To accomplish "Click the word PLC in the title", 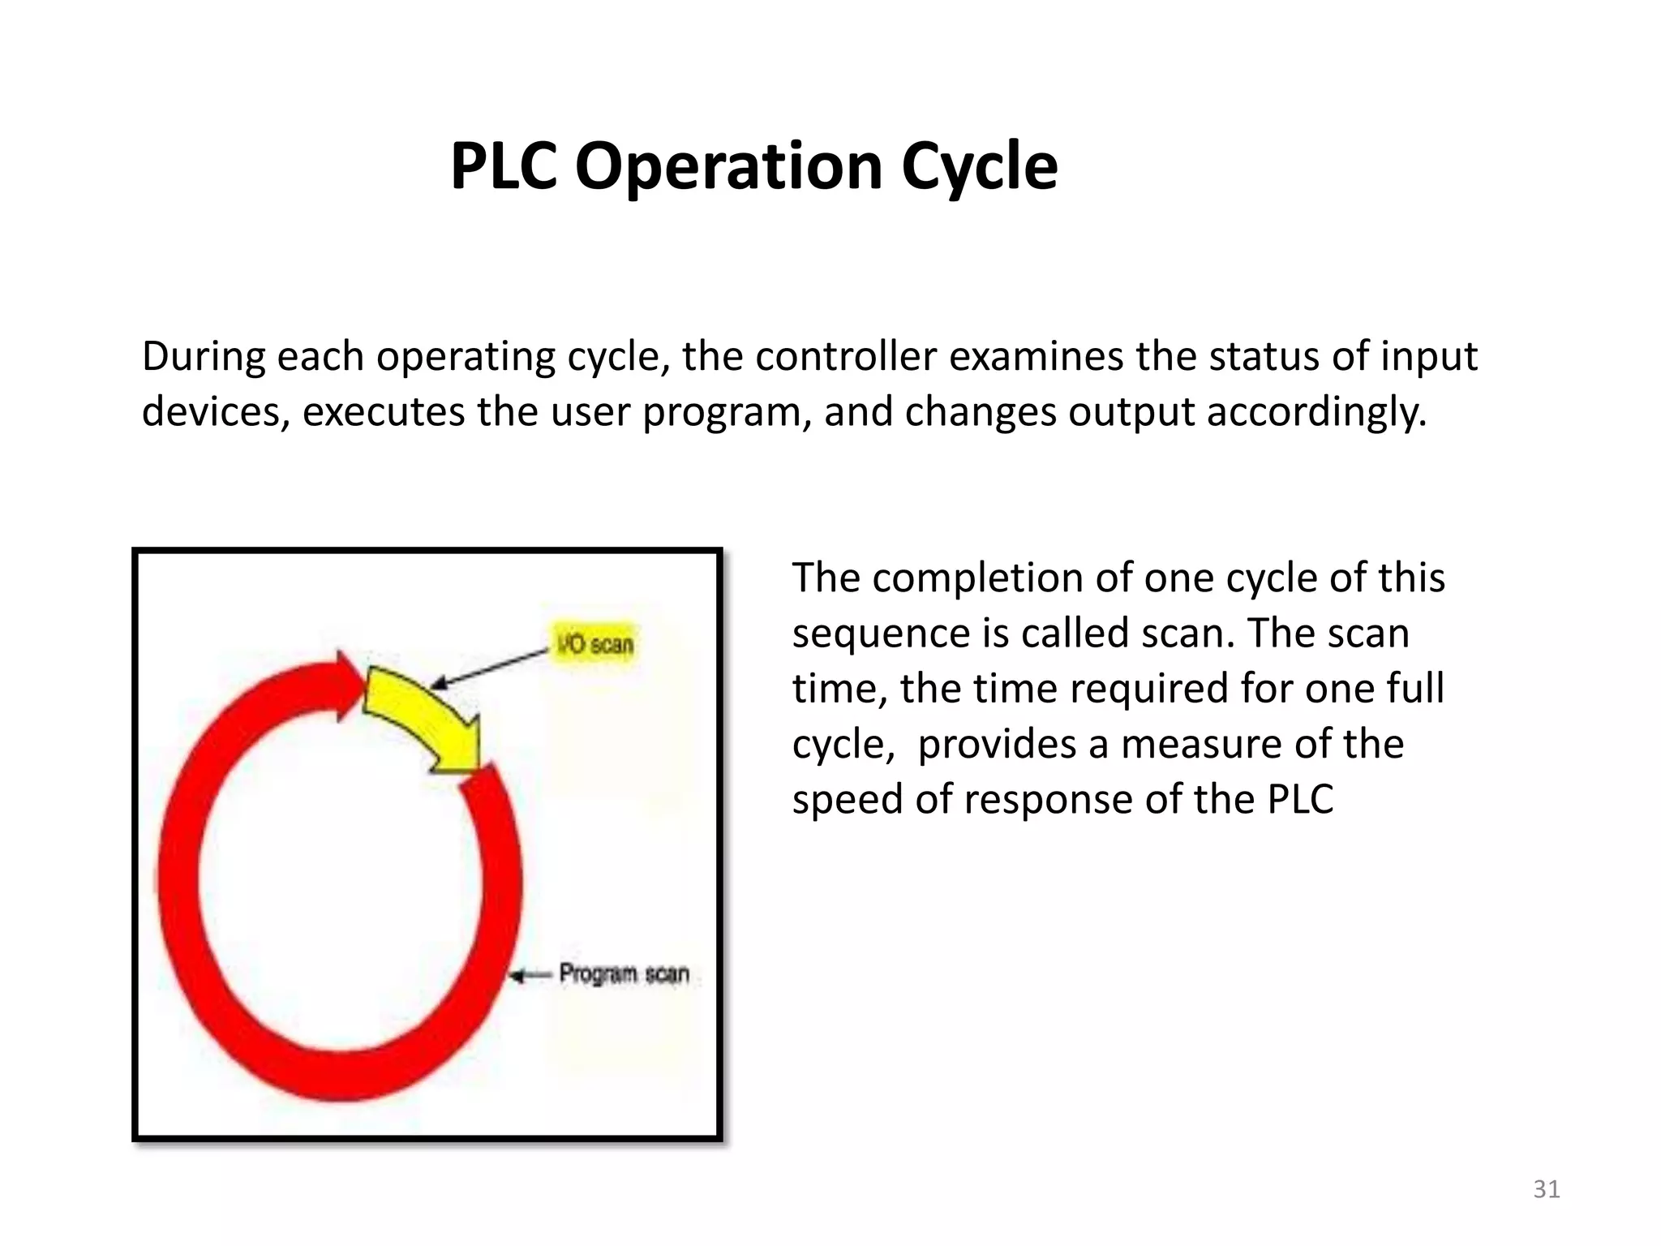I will pyautogui.click(x=503, y=166).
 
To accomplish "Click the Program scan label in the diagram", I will pyautogui.click(x=624, y=973).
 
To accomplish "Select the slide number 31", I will pyautogui.click(x=1546, y=1188).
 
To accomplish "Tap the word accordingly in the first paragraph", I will pyautogui.click(x=1315, y=411).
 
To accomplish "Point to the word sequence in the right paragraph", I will pyautogui.click(x=881, y=634).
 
